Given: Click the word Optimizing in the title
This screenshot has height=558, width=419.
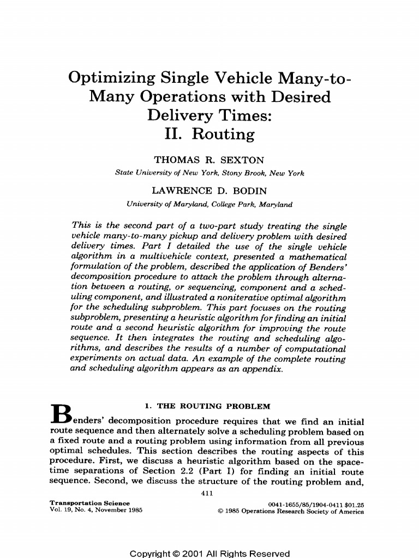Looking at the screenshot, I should [x=111, y=78].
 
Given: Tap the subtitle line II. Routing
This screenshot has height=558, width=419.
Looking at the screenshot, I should [x=209, y=134].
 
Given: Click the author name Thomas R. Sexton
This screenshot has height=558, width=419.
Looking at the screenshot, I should [x=209, y=160].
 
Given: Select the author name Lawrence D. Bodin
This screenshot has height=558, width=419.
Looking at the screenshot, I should [x=209, y=191].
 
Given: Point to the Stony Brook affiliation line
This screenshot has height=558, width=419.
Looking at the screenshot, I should [x=209, y=173].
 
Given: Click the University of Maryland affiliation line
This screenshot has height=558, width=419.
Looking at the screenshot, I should [x=209, y=204].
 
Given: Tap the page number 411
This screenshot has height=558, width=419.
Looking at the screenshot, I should [x=209, y=494].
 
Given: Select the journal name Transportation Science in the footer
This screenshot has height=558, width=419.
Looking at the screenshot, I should [x=89, y=503].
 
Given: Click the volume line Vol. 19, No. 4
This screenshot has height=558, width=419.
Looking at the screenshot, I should [x=96, y=511].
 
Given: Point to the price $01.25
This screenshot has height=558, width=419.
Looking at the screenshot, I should [x=352, y=504].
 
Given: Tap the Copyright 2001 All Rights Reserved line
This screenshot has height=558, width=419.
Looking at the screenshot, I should [x=209, y=553].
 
